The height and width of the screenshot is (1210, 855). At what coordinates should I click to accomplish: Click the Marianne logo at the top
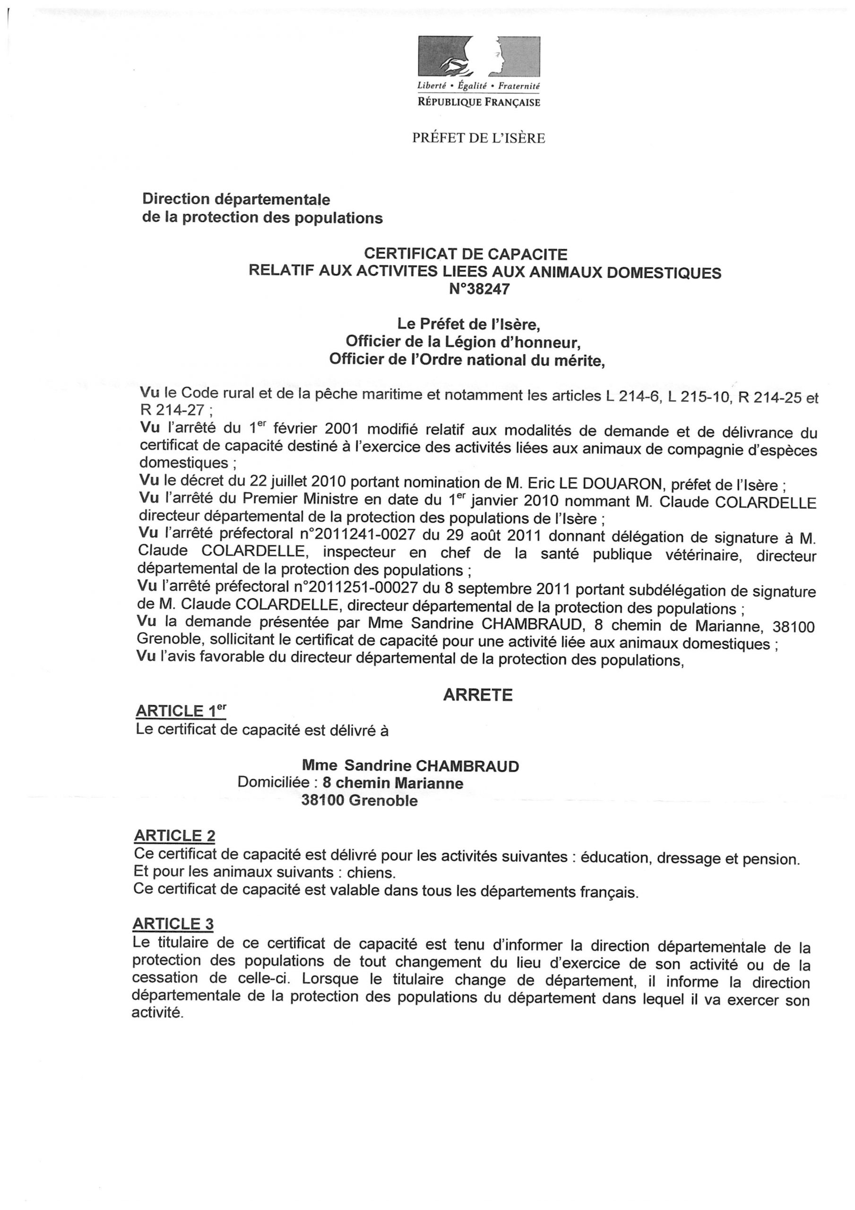click(x=479, y=57)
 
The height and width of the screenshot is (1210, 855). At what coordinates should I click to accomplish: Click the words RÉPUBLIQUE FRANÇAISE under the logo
click(x=479, y=102)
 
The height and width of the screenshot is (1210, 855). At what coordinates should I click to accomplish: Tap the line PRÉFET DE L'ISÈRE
click(x=478, y=138)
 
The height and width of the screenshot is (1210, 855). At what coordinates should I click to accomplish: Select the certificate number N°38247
click(x=479, y=289)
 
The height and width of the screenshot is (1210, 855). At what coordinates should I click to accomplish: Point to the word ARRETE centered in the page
click(x=477, y=695)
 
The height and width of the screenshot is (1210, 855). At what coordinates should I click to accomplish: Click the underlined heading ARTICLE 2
click(x=174, y=836)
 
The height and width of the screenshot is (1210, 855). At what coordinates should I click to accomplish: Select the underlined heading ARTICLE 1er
click(x=181, y=711)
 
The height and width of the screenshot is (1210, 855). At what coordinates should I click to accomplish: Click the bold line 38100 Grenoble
click(x=360, y=801)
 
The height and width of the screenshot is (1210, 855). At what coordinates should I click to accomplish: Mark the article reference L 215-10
click(x=699, y=398)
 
